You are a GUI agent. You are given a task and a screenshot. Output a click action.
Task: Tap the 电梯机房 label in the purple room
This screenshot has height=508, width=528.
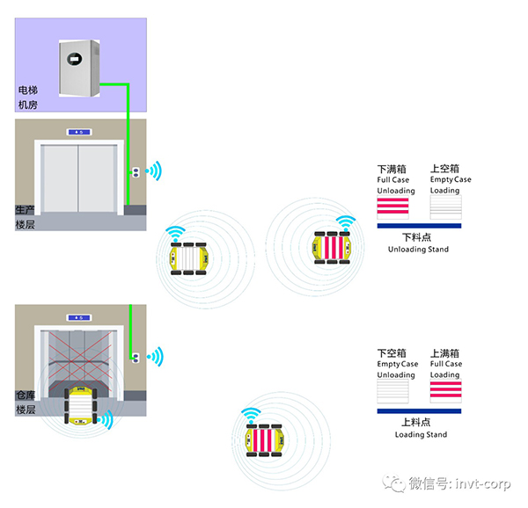click(x=28, y=98)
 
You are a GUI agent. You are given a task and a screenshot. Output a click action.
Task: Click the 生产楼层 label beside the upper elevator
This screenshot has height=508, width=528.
click(x=25, y=217)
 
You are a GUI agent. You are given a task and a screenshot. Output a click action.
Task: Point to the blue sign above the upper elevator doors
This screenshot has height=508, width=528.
click(x=78, y=132)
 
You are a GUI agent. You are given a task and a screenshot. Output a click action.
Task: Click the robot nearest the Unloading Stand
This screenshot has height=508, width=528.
click(x=333, y=247)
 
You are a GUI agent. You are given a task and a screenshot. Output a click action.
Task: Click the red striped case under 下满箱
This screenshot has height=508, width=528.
click(x=392, y=208)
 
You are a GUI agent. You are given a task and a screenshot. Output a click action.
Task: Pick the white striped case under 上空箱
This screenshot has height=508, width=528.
click(x=445, y=208)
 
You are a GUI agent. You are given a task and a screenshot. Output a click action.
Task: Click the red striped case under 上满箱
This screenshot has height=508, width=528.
click(x=445, y=392)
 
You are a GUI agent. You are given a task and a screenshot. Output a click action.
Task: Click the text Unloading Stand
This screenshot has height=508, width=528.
click(x=418, y=250)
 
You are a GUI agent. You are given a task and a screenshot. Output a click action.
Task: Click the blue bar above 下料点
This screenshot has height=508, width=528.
click(x=418, y=226)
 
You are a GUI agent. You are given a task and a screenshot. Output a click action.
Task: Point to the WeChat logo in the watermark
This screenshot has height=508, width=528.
click(x=390, y=483)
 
